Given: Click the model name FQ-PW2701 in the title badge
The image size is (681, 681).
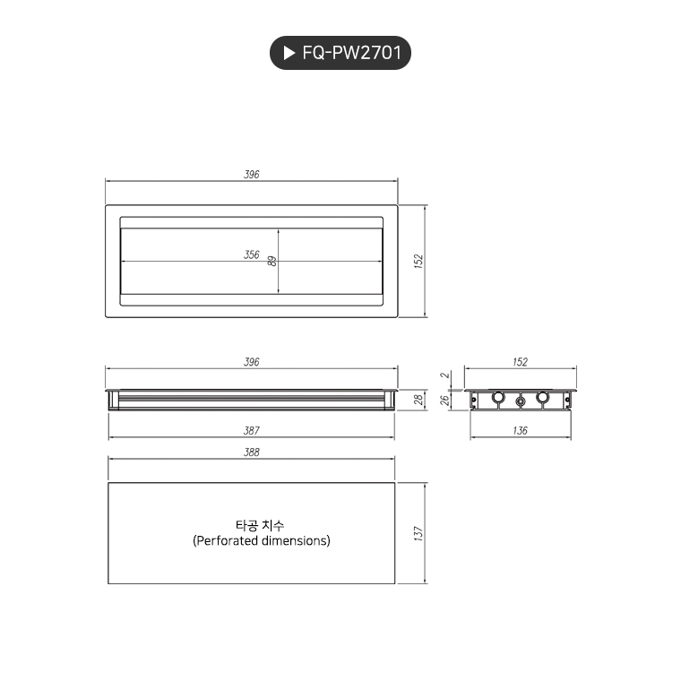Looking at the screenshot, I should [352, 54].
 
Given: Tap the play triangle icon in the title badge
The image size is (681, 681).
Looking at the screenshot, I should [289, 54].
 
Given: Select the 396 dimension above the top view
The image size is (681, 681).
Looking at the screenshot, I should [252, 175].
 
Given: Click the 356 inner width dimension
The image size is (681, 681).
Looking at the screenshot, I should [252, 255].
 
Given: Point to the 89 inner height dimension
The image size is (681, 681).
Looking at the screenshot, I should [272, 261].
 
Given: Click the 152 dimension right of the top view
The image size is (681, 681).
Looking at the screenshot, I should [418, 261].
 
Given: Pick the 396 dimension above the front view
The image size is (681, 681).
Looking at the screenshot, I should [252, 362].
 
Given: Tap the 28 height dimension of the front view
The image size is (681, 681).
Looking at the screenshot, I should [418, 400].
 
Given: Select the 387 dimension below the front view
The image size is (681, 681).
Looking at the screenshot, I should [252, 431].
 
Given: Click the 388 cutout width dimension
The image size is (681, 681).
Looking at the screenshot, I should [252, 453].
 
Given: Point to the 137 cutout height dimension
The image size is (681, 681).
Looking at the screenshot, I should [418, 533].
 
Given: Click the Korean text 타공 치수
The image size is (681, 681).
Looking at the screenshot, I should [260, 526].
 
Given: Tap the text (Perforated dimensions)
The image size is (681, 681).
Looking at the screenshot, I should [261, 541].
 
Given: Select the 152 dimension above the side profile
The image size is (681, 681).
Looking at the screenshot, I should [521, 362].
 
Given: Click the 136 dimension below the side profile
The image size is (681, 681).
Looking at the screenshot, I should [521, 431].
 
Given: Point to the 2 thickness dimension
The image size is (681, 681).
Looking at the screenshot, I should [444, 376].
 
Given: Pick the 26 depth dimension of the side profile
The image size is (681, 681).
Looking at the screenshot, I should [444, 401].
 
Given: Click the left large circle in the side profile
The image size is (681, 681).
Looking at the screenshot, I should [499, 398].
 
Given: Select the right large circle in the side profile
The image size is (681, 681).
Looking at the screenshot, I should [542, 398].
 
